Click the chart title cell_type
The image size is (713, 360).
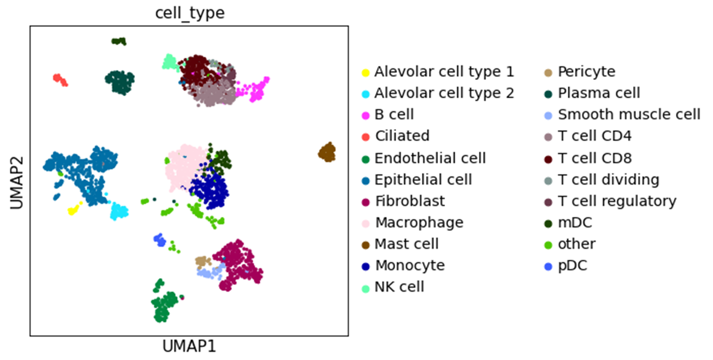(x=189, y=13)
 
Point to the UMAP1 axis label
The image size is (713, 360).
(x=189, y=346)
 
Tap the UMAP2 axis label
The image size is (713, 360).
(x=17, y=183)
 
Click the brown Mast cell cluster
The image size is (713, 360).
(x=327, y=152)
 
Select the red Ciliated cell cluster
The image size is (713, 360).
(x=60, y=79)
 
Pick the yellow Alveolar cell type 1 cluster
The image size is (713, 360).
(x=74, y=209)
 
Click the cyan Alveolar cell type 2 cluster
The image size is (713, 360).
(x=119, y=211)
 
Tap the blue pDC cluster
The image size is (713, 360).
(x=160, y=240)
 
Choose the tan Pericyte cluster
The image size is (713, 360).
(x=203, y=261)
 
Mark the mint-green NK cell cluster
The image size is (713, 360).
(x=170, y=62)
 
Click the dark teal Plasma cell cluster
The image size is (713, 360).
(x=120, y=82)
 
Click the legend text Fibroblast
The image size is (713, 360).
(x=410, y=201)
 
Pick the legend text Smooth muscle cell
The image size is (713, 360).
(x=629, y=114)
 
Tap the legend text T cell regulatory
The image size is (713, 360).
(x=617, y=202)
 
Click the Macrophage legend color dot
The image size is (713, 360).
(x=366, y=224)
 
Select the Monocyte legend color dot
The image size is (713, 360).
(x=366, y=267)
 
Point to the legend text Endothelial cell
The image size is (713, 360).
(x=430, y=158)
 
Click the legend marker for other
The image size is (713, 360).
(x=548, y=245)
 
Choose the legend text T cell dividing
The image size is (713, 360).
(x=609, y=180)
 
